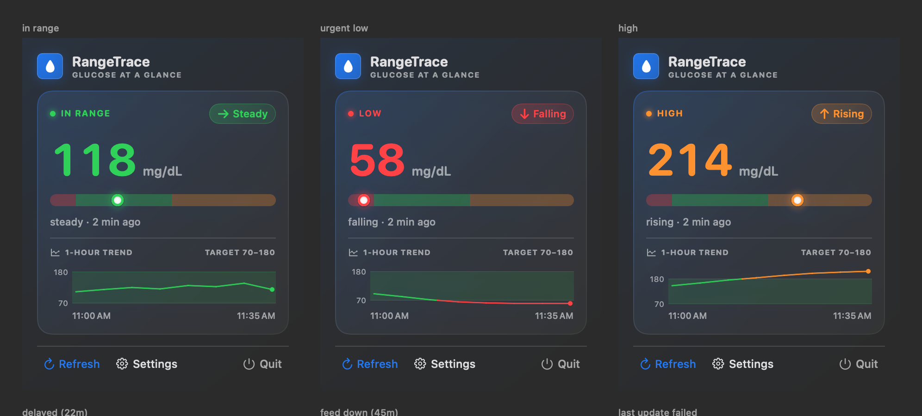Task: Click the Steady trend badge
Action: (243, 114)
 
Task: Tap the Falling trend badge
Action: (542, 114)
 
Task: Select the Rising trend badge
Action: (841, 114)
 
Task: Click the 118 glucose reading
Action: (95, 160)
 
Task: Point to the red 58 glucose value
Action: (377, 160)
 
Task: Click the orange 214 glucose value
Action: (690, 160)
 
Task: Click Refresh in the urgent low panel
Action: (370, 364)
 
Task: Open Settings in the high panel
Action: (743, 364)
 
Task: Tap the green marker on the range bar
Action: (118, 200)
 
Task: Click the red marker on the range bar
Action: (364, 200)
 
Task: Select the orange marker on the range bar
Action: (797, 200)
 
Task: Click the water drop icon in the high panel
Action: (646, 66)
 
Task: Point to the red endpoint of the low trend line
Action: (570, 303)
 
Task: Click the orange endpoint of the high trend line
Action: (868, 271)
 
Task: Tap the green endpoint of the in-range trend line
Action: (272, 289)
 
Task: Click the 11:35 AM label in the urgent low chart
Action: (554, 316)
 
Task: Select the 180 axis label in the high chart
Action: (657, 279)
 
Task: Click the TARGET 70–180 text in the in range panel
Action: (240, 252)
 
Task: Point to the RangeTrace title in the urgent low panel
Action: (409, 61)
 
